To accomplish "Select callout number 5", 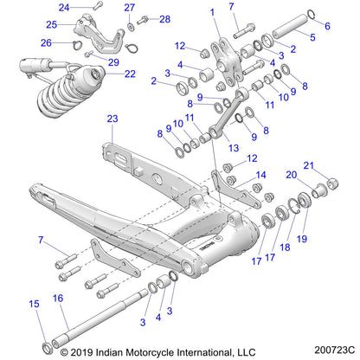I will (312, 39).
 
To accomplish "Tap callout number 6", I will (327, 27).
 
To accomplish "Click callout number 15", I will (34, 304).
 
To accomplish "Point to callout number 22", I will (130, 74).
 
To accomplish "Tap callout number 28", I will (164, 18).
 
